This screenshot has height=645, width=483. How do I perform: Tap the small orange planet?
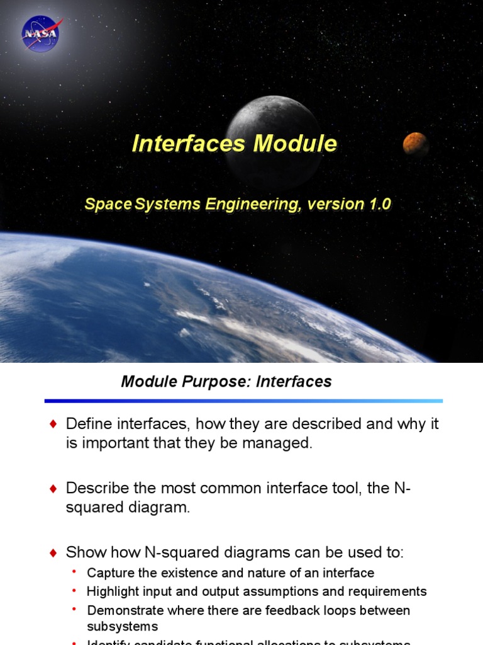coord(415,144)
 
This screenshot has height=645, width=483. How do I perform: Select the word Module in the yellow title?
coord(295,144)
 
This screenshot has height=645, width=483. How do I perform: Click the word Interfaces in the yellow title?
coord(189,144)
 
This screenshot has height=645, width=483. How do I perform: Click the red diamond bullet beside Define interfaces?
coord(53,424)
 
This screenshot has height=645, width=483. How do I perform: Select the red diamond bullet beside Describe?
coord(53,488)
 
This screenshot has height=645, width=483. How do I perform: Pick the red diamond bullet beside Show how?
coord(53,553)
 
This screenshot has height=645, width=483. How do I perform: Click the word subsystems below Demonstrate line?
coord(122,627)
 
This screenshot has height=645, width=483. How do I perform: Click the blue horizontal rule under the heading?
coord(243,401)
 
